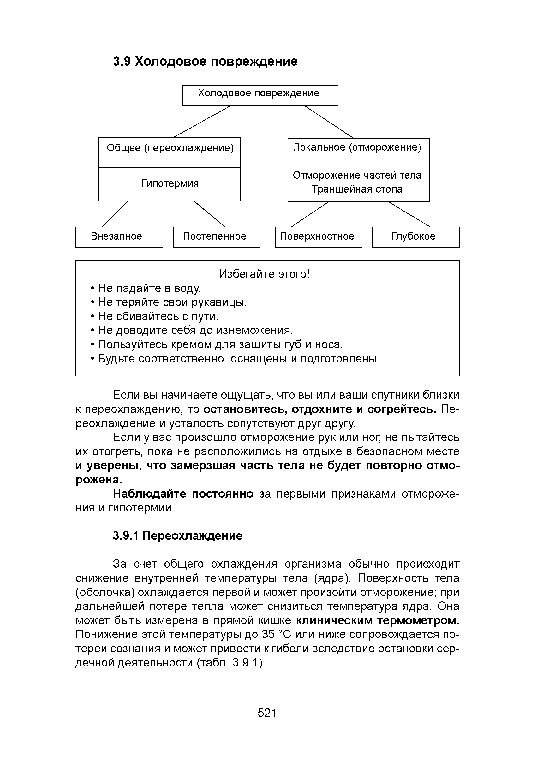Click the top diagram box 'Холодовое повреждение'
pyautogui.click(x=260, y=95)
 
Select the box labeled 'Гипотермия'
pyautogui.click(x=170, y=184)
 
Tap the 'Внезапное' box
pyautogui.click(x=119, y=237)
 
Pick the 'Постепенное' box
pyautogui.click(x=216, y=237)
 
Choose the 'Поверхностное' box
pyautogui.click(x=318, y=237)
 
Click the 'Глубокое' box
pyautogui.click(x=415, y=237)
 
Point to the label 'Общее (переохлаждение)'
pyautogui.click(x=170, y=148)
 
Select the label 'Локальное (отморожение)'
pyautogui.click(x=357, y=147)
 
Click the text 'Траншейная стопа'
pyautogui.click(x=357, y=189)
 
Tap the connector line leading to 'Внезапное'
pyautogui.click(x=115, y=214)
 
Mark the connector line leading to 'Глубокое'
pyautogui.click(x=409, y=214)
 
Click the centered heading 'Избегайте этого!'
pyautogui.click(x=264, y=274)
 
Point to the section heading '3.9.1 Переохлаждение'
pyautogui.click(x=177, y=535)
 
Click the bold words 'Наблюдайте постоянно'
pyautogui.click(x=183, y=493)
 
